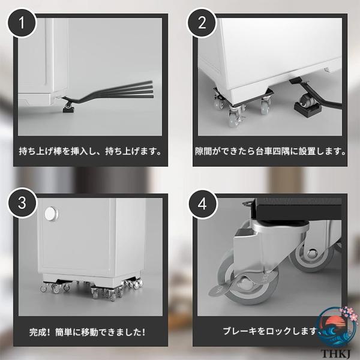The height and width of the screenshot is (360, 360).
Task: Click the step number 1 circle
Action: [x=22, y=23]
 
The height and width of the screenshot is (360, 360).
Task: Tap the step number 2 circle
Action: [x=202, y=23]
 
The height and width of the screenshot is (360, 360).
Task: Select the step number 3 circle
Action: [x=22, y=203]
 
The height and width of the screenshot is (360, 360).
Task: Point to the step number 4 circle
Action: [x=202, y=204]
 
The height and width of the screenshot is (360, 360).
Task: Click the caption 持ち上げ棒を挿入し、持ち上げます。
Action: [x=90, y=152]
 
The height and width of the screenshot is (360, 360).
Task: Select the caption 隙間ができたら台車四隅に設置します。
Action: [x=270, y=152]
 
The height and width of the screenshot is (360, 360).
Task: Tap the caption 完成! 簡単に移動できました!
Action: [x=87, y=332]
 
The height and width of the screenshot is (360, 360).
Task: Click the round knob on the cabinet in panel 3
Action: [x=51, y=214]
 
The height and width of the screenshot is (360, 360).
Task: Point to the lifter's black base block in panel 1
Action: [x=68, y=110]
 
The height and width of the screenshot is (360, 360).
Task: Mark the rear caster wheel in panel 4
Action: [x=313, y=257]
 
